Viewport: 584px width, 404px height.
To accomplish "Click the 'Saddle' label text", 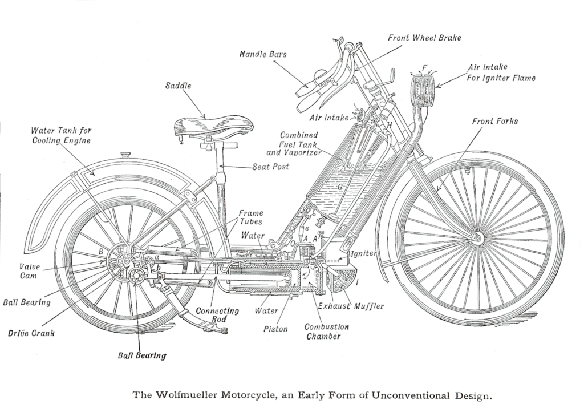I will [179, 86].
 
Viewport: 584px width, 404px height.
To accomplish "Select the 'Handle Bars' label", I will [263, 55].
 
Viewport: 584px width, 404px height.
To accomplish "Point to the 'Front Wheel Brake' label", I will [424, 38].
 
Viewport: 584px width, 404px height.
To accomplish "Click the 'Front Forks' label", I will [494, 122].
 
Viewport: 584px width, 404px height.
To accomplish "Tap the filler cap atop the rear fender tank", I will [125, 155].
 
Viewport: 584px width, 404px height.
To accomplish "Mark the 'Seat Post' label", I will [270, 167].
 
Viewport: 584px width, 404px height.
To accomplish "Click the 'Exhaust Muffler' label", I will [350, 306].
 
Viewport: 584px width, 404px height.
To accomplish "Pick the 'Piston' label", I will [275, 329].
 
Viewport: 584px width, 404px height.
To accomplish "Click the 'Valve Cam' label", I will [29, 271].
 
